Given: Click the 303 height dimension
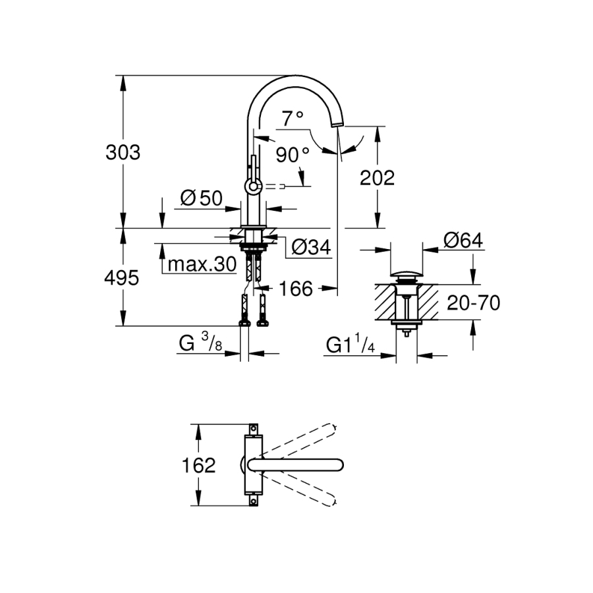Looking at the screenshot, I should (123, 152).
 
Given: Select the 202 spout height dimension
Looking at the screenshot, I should (377, 177).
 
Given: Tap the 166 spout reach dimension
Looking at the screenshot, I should (293, 288).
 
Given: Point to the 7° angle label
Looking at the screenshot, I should (292, 119).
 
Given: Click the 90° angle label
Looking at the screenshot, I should (293, 155).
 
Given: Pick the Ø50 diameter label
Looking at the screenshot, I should (201, 197).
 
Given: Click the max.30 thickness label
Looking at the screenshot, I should (201, 265).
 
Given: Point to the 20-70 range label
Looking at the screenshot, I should (473, 303).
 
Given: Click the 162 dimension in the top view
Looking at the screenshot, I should (198, 465).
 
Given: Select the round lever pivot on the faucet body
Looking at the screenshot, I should (252, 187).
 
